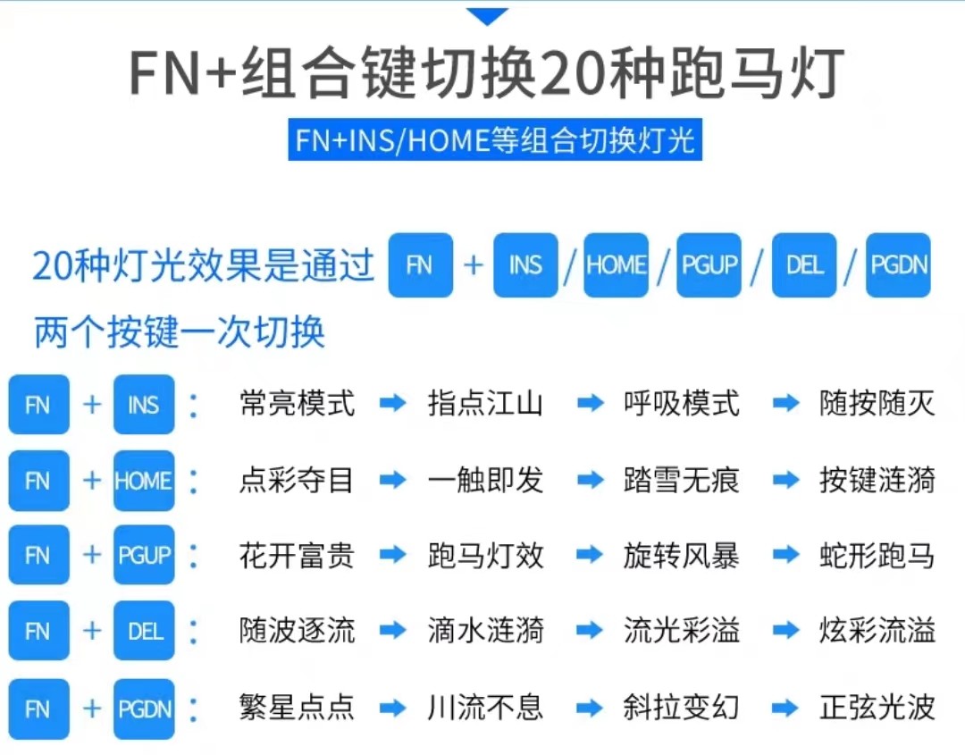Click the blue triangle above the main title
click(x=487, y=16)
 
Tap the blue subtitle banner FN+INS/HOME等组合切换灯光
click(x=495, y=140)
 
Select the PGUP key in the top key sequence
click(x=709, y=265)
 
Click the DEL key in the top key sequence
click(x=804, y=265)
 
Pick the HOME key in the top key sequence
click(x=616, y=265)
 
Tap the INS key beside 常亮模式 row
click(x=144, y=405)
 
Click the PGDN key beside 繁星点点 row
click(x=144, y=709)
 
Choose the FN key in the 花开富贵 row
click(x=38, y=556)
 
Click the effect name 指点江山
click(x=485, y=405)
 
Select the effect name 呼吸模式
click(x=682, y=405)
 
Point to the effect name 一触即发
click(x=485, y=481)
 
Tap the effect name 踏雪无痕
click(x=682, y=481)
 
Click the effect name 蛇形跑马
click(x=877, y=556)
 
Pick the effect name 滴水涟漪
click(x=485, y=632)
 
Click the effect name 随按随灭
click(x=877, y=405)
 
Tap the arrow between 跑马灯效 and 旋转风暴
click(x=590, y=556)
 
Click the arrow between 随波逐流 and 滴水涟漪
click(x=392, y=632)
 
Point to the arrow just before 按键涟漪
click(x=786, y=481)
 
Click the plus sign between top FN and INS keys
click(x=474, y=265)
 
